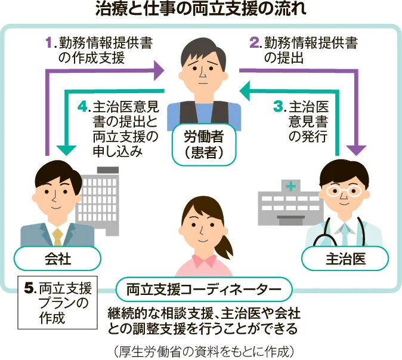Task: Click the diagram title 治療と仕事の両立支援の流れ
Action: click(201, 10)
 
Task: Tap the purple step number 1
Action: click(50, 42)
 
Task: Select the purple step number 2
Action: click(255, 42)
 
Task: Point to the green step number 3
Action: click(279, 107)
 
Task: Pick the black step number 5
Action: click(28, 288)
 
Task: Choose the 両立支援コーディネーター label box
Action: click(205, 290)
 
